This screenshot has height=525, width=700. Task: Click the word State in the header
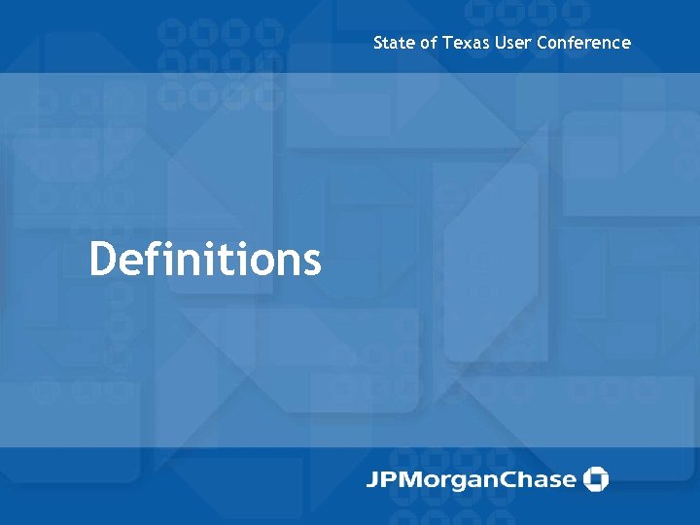[395, 43]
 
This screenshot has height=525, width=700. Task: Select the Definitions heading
[205, 260]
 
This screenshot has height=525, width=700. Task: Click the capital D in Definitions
[103, 260]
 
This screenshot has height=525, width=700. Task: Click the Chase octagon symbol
[595, 479]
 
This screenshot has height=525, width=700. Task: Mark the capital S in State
[378, 43]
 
